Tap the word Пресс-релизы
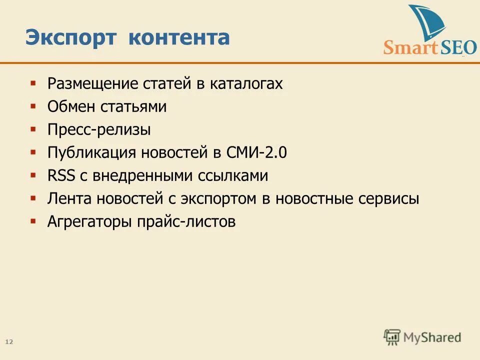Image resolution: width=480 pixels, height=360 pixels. click(x=99, y=130)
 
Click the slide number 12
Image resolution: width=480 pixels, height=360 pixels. click(x=9, y=342)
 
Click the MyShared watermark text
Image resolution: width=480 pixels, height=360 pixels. click(x=432, y=338)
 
